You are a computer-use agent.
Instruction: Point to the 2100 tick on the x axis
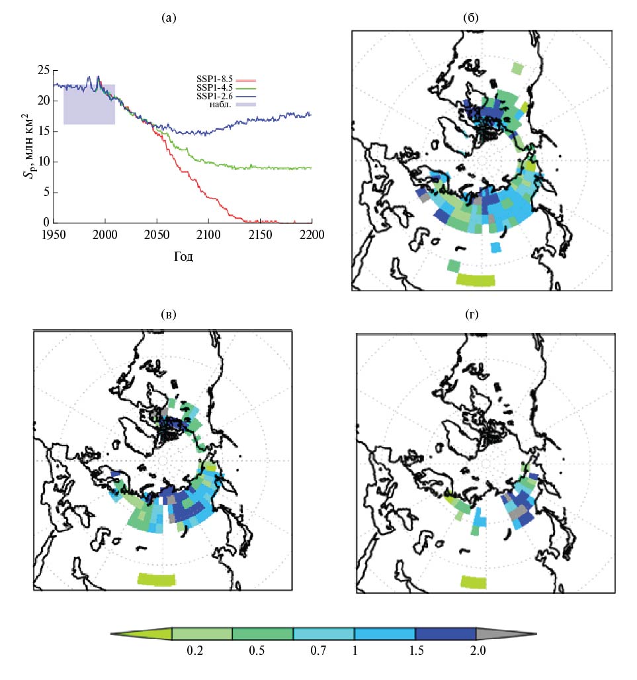click(208, 234)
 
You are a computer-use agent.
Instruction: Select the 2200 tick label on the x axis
click(312, 234)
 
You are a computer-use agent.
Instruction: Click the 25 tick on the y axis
click(43, 70)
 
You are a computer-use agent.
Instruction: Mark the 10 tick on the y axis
click(43, 162)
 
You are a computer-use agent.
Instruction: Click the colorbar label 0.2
click(195, 651)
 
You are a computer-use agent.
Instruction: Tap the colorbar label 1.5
click(417, 651)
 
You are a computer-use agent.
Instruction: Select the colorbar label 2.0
click(478, 651)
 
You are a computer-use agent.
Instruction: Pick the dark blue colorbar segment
click(445, 634)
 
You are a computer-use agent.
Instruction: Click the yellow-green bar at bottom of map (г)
click(474, 582)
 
